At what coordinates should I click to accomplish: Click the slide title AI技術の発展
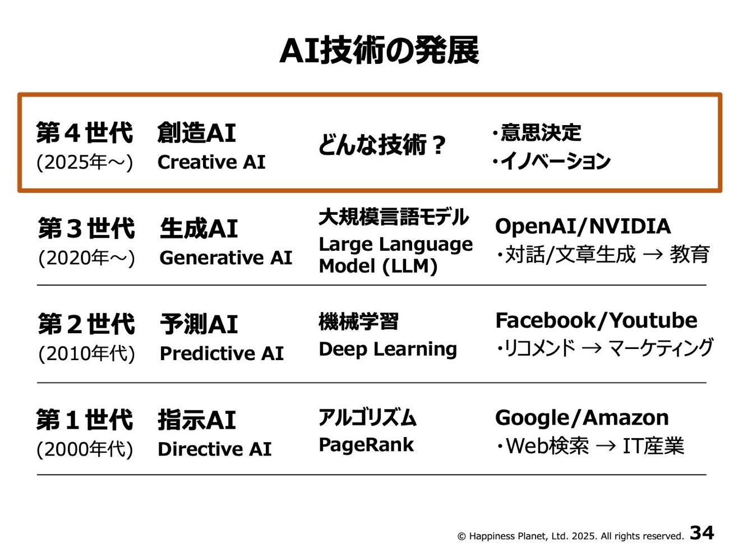[379, 50]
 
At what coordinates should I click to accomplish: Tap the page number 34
[702, 532]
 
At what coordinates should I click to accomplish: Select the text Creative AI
[211, 162]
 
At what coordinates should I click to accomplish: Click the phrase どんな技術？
[382, 145]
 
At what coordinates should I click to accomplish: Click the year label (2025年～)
[84, 162]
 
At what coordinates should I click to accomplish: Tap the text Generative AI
[226, 258]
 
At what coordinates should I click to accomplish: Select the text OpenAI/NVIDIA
[583, 227]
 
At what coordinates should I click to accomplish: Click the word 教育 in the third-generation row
[690, 254]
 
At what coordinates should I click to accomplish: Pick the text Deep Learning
[388, 350]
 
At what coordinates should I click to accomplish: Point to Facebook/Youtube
[596, 320]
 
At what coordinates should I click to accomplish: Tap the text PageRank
[366, 445]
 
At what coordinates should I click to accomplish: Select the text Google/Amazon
[582, 418]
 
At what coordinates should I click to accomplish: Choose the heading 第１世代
[84, 420]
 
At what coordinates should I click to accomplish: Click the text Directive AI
[215, 449]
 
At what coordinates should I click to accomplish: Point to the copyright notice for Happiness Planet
[570, 536]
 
